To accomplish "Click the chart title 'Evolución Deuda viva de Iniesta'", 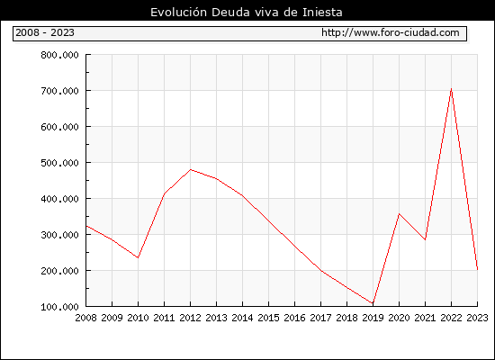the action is pyautogui.click(x=247, y=13).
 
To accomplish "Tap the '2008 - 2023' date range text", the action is pyautogui.click(x=45, y=32).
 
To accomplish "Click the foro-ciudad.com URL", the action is pyautogui.click(x=391, y=32).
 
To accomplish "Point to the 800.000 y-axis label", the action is pyautogui.click(x=59, y=55).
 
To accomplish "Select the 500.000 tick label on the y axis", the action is pyautogui.click(x=59, y=163).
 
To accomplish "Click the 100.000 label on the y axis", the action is pyautogui.click(x=59, y=307).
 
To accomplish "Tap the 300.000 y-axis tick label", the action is pyautogui.click(x=59, y=235).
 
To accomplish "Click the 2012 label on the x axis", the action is pyautogui.click(x=191, y=318).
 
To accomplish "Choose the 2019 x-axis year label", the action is pyautogui.click(x=373, y=318).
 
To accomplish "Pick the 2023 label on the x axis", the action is pyautogui.click(x=477, y=318).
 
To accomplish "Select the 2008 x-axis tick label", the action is pyautogui.click(x=85, y=318).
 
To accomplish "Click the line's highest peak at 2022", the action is pyautogui.click(x=451, y=89).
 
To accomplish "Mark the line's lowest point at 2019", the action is pyautogui.click(x=373, y=303).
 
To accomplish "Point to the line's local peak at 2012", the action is pyautogui.click(x=191, y=169).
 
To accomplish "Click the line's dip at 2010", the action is pyautogui.click(x=138, y=257).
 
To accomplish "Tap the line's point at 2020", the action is pyautogui.click(x=399, y=214).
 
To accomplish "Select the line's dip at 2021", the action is pyautogui.click(x=425, y=239).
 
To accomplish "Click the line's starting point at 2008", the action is pyautogui.click(x=86, y=226).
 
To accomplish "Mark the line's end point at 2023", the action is pyautogui.click(x=477, y=269).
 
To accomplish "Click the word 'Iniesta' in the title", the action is pyautogui.click(x=322, y=13).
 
